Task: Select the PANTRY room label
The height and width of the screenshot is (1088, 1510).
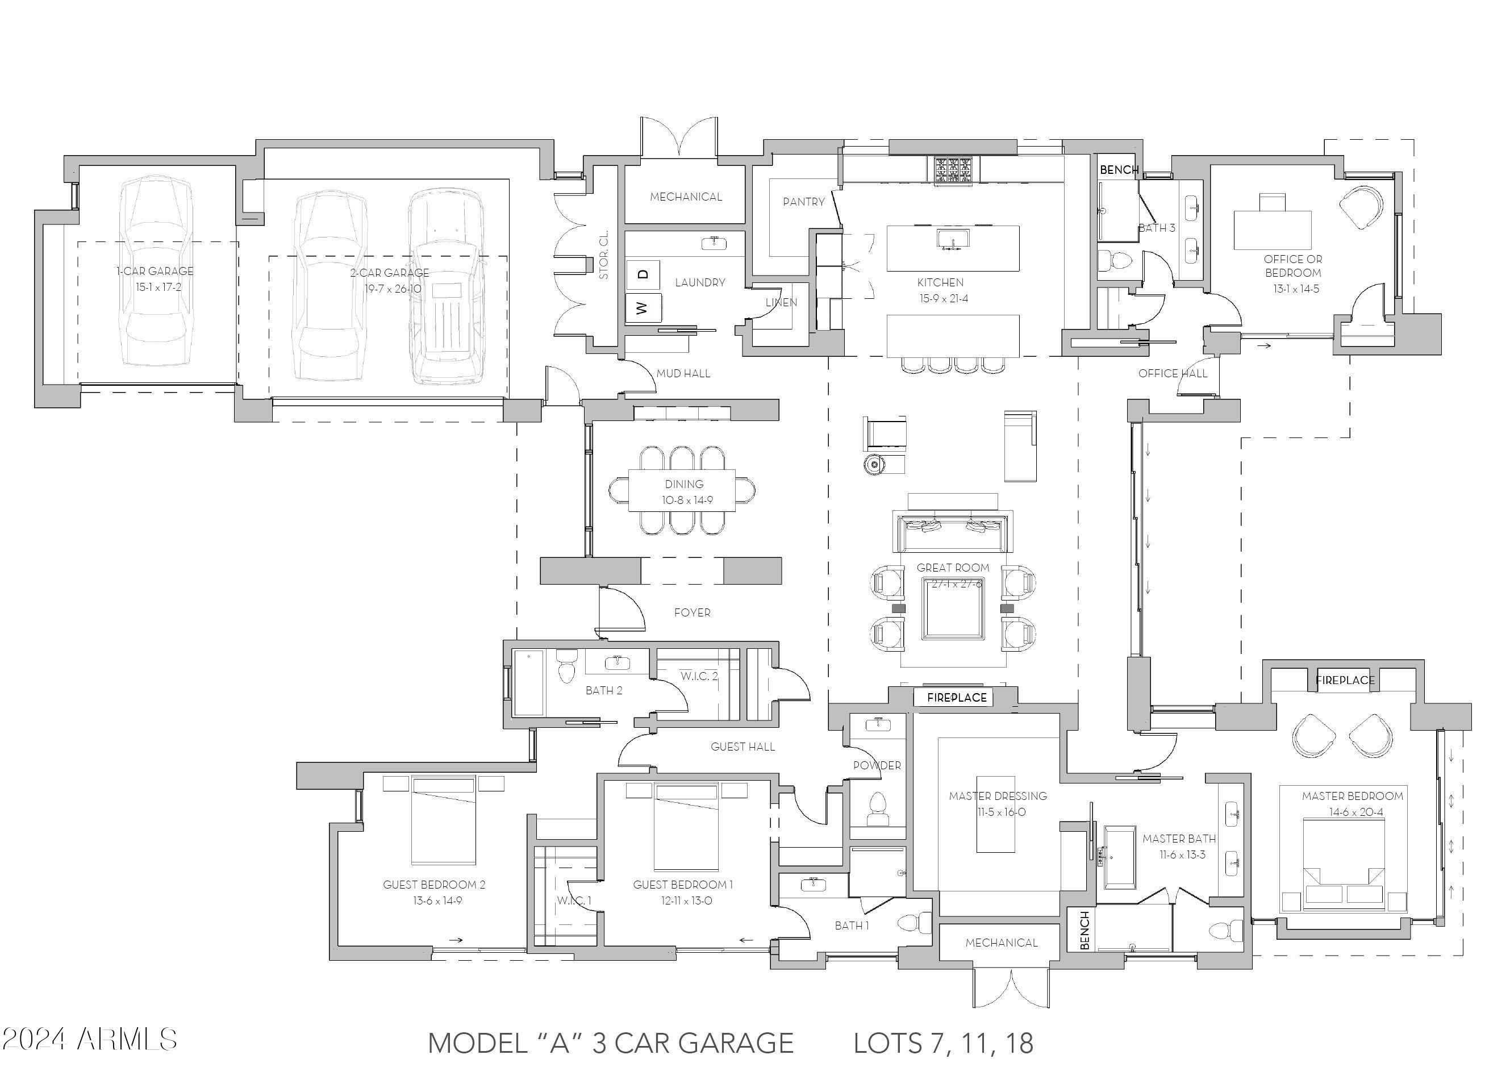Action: tap(803, 202)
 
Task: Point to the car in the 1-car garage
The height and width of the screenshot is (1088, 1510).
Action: tap(155, 273)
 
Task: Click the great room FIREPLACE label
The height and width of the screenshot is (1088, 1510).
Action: tap(957, 698)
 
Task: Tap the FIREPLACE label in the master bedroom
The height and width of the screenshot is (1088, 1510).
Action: tap(1345, 681)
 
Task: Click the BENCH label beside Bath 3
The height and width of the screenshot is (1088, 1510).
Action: tap(1119, 170)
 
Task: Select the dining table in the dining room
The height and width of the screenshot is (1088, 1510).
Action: tap(682, 491)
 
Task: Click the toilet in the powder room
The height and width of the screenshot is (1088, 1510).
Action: tap(878, 808)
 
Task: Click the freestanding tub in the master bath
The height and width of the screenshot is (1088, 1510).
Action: tap(1120, 857)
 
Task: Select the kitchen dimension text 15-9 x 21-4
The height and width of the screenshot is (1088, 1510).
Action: tap(944, 298)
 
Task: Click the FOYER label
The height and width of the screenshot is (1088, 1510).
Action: tap(692, 612)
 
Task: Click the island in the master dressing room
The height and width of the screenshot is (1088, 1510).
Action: tap(995, 814)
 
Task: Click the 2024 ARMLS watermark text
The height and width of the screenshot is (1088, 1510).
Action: tap(89, 1039)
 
